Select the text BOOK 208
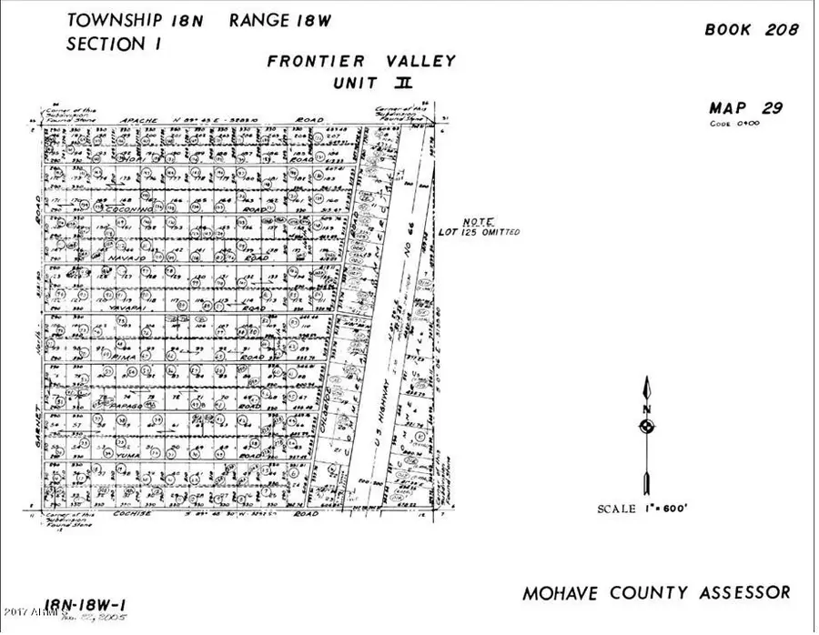(752, 29)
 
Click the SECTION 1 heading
(106, 44)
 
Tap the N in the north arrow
(646, 408)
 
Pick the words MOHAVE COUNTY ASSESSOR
(656, 593)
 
